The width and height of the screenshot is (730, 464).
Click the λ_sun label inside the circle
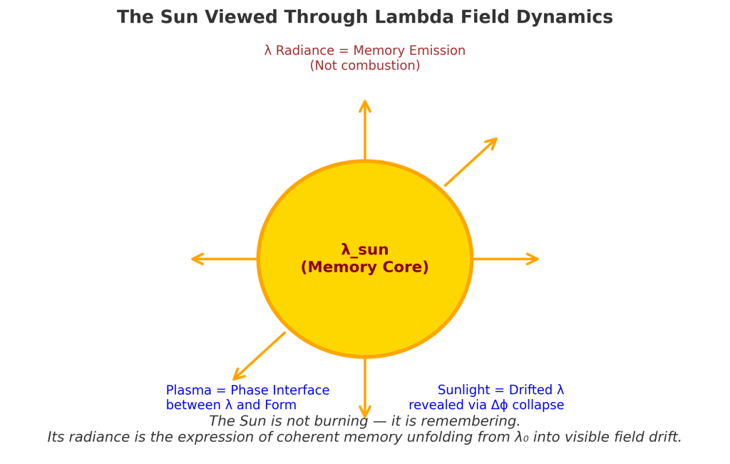[x=364, y=250]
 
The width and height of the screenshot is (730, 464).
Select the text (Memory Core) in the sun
[x=364, y=267]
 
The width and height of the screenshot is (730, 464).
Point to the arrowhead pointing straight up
[x=365, y=105]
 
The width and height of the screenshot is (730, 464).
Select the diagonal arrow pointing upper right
[x=471, y=162]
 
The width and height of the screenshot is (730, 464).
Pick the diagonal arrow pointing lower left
[x=259, y=356]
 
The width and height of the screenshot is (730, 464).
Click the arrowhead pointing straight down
[x=365, y=413]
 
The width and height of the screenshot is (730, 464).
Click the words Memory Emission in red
[x=409, y=51]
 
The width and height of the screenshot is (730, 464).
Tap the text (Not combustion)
[x=364, y=66]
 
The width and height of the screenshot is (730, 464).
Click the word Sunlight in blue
[x=464, y=391]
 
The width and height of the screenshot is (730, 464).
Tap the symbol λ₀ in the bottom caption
[x=522, y=437]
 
